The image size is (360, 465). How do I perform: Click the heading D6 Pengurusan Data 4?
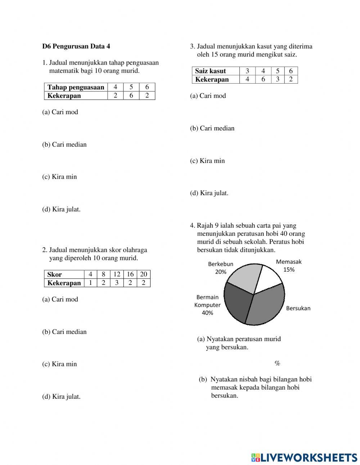(x=76, y=46)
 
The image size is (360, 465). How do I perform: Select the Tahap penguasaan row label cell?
(x=76, y=87)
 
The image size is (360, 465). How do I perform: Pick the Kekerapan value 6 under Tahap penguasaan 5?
(x=131, y=95)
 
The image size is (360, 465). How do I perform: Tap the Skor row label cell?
(x=64, y=274)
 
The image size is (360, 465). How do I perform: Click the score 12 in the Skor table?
(x=117, y=274)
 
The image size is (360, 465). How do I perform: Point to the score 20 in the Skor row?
(x=144, y=274)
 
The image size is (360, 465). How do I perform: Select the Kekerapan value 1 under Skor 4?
(x=90, y=283)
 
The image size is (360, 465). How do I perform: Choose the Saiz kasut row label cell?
(x=215, y=71)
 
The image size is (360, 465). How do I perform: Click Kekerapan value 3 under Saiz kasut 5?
(x=278, y=79)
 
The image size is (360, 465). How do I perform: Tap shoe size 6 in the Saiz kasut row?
(x=291, y=71)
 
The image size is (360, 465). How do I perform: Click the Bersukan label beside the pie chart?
(x=298, y=308)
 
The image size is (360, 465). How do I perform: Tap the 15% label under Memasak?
(x=289, y=269)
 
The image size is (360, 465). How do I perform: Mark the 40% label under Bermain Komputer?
(x=207, y=313)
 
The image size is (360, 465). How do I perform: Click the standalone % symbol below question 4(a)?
(x=277, y=363)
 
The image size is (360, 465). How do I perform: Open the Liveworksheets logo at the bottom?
(x=304, y=457)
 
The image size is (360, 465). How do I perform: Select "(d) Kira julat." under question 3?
(x=209, y=193)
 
